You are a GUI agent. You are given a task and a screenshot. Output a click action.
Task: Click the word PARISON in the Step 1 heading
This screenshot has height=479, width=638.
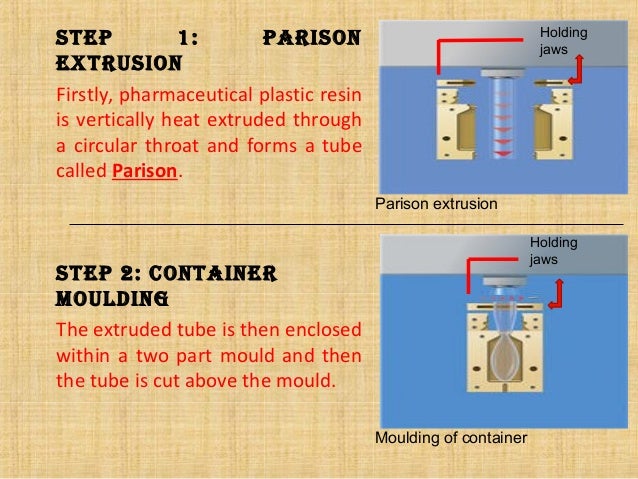(x=310, y=41)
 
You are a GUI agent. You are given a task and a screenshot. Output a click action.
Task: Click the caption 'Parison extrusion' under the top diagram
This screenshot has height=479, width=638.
(x=436, y=204)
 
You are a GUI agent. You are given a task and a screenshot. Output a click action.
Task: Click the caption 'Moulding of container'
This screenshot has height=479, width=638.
(x=450, y=437)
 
